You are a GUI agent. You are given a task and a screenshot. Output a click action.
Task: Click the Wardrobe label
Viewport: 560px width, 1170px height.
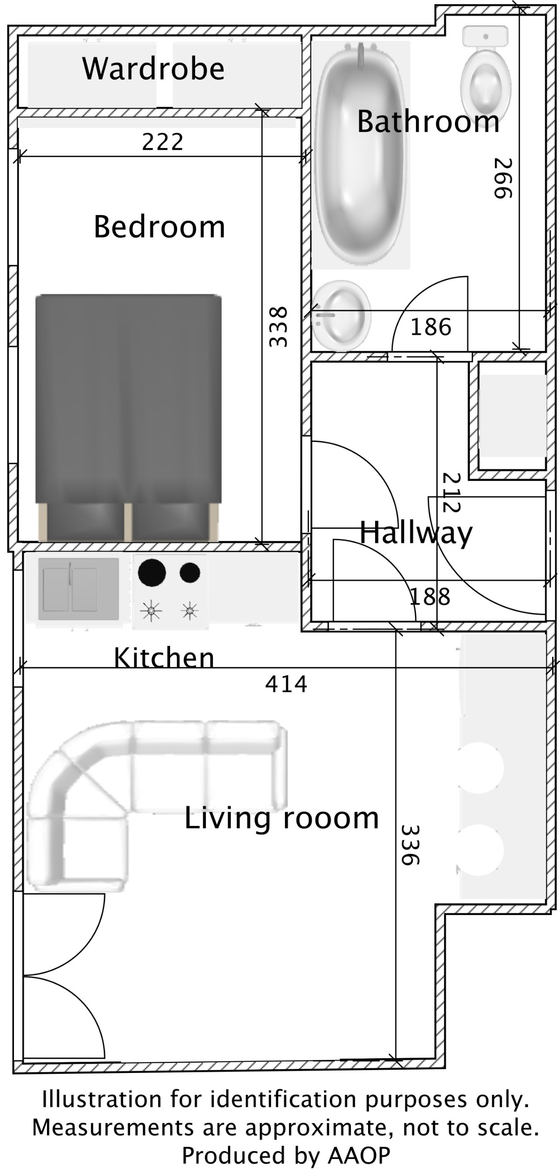click(x=153, y=69)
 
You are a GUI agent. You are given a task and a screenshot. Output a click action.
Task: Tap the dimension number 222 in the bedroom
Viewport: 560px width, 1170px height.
click(x=163, y=142)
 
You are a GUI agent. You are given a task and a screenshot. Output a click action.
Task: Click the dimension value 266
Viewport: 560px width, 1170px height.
click(x=502, y=178)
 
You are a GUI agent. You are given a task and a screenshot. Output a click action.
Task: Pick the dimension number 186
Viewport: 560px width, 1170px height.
click(x=431, y=327)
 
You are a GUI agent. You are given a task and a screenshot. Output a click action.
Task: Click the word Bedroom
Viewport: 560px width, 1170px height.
click(x=159, y=227)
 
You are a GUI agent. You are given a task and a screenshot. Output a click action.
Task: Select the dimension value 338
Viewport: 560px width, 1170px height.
click(x=279, y=326)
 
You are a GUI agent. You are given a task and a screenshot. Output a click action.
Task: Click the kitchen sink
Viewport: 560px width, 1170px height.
click(x=78, y=589)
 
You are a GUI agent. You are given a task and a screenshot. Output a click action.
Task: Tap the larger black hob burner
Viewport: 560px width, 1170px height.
click(x=152, y=573)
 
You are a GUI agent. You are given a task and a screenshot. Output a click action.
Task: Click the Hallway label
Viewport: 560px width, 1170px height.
click(x=416, y=533)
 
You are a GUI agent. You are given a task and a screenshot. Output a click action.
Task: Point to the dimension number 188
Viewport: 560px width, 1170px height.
click(x=430, y=597)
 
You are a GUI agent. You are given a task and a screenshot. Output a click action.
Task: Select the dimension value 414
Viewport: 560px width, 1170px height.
click(x=286, y=684)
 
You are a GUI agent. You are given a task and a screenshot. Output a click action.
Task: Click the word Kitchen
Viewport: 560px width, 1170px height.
click(x=164, y=657)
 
